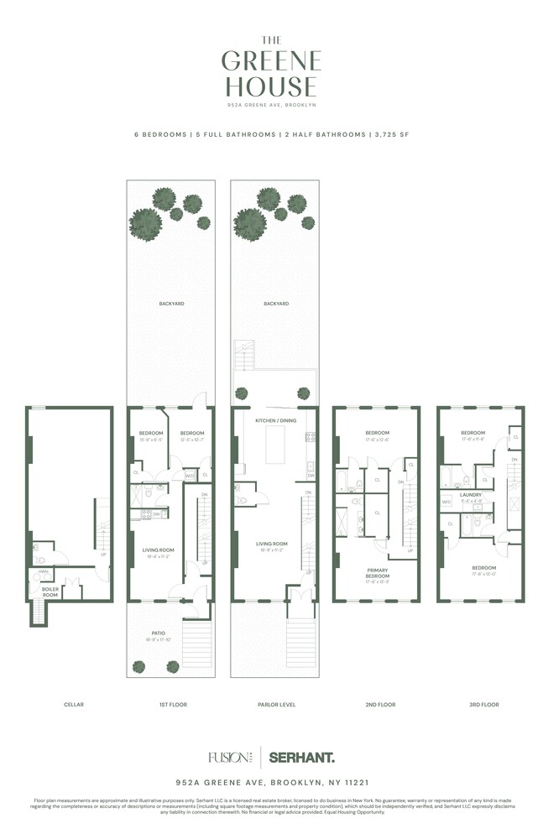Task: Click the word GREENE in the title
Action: [271, 61]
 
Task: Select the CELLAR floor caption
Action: [74, 705]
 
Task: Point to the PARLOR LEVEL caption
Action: [275, 705]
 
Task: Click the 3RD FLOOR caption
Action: [483, 705]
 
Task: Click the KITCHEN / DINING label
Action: [276, 419]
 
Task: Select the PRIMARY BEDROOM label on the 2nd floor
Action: [378, 573]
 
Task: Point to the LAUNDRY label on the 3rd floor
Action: [471, 495]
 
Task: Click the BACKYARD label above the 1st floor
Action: [172, 304]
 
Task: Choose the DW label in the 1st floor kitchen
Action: [158, 513]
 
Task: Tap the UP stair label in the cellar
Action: [103, 555]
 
